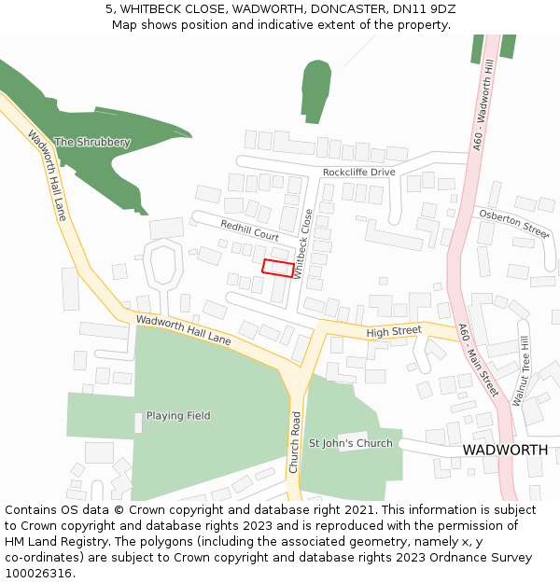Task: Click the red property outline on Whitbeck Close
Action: click(277, 268)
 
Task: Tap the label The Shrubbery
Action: click(91, 142)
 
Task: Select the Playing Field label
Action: click(178, 416)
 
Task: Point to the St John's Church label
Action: click(351, 443)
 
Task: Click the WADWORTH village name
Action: click(505, 450)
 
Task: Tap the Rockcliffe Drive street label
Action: click(359, 172)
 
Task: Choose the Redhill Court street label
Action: click(249, 230)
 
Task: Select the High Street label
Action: click(394, 331)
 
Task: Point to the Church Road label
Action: click(295, 442)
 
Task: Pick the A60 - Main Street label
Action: click(478, 360)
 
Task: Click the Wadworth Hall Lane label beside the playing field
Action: click(183, 330)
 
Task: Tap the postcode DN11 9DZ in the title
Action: click(424, 8)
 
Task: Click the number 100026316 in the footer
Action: click(37, 574)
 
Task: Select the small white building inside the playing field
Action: click(138, 423)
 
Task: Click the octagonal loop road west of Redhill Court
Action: click(163, 266)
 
